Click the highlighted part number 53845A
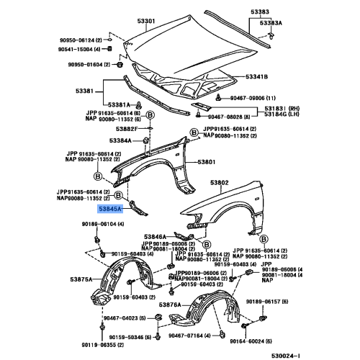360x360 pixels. (110, 209)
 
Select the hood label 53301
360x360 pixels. (146, 22)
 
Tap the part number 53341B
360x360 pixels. (256, 77)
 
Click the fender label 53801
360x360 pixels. (208, 163)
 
